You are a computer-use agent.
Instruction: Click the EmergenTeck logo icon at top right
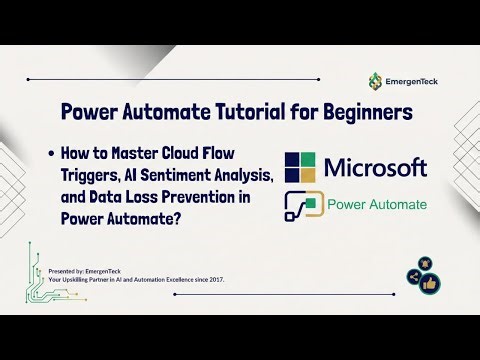[375, 80]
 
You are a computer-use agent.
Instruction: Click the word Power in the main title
[91, 112]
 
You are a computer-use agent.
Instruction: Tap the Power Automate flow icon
[303, 207]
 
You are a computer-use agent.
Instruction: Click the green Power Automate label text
[377, 206]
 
